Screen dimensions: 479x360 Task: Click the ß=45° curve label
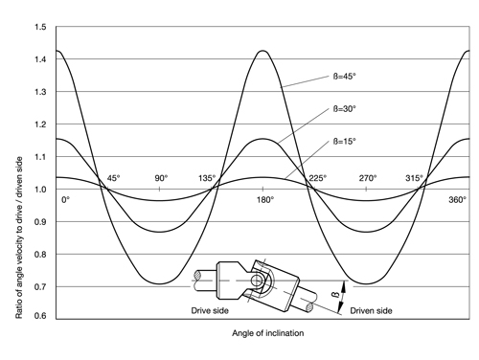(x=344, y=77)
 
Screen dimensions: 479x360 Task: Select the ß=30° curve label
(x=344, y=109)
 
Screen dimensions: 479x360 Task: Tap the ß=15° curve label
(x=344, y=142)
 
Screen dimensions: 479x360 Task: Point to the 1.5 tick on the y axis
(x=40, y=27)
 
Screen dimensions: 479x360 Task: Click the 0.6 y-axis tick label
(x=40, y=316)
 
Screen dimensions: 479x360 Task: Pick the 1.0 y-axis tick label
(x=40, y=190)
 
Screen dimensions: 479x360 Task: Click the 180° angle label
(x=265, y=200)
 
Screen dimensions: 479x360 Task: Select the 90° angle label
(x=161, y=178)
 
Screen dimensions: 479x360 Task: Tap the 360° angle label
(x=458, y=200)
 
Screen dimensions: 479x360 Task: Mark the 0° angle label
(x=65, y=200)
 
